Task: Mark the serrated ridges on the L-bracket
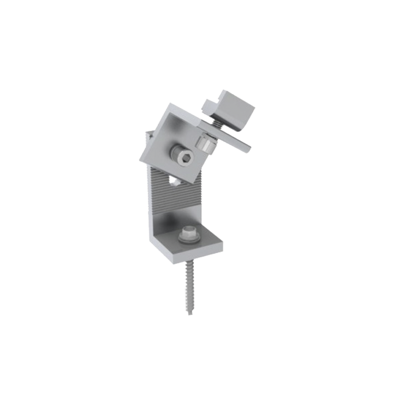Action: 164,197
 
